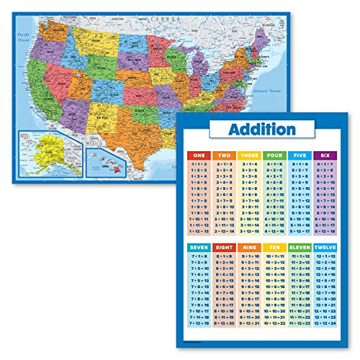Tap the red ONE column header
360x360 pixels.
[x=201, y=155]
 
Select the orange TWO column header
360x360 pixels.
[x=225, y=155]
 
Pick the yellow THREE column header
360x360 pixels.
[x=249, y=155]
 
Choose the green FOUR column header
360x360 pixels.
[x=274, y=155]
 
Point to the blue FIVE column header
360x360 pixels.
[x=299, y=155]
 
